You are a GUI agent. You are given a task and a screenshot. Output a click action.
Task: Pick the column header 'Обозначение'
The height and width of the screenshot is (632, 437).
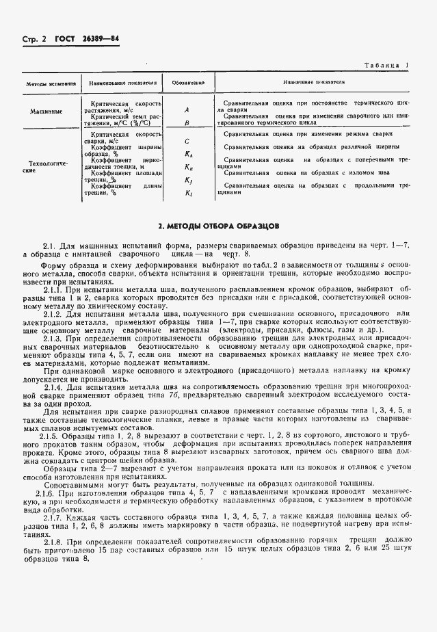coord(187,83)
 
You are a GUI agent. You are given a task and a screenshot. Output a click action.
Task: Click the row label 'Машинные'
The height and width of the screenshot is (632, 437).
coord(46,111)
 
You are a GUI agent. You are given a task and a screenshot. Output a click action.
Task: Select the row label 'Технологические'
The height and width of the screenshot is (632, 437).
coord(45,167)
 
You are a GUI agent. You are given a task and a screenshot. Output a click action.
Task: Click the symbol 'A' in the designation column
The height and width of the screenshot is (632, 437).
coord(187,109)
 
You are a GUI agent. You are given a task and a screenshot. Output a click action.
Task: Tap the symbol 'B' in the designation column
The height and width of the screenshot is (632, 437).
coord(187,123)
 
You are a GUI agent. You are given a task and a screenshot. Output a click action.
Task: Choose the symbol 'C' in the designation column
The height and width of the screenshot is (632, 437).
coord(187,141)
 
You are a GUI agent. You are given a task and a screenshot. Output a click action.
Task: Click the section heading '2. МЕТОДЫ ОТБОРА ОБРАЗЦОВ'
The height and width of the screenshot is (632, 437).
coord(218,225)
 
